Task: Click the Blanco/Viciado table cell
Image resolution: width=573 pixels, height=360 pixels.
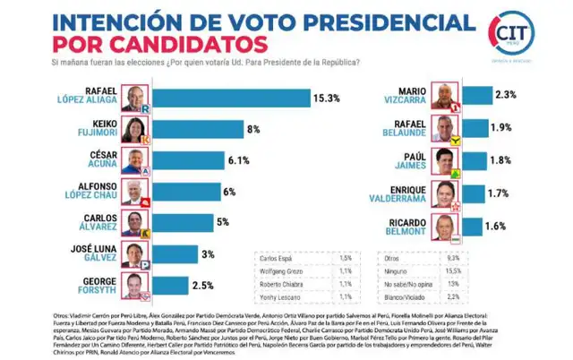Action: tap(415, 296)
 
